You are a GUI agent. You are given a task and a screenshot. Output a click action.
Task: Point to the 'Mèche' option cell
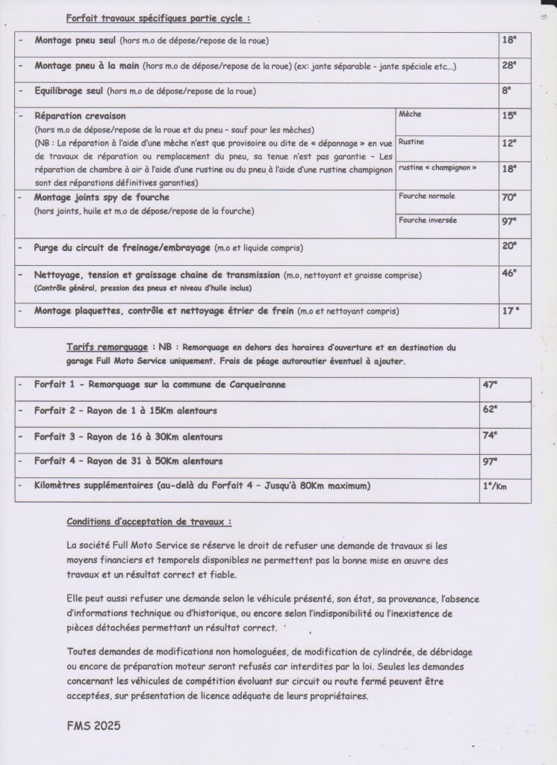point(411,115)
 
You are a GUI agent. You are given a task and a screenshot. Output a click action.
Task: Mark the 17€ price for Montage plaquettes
point(511,309)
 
